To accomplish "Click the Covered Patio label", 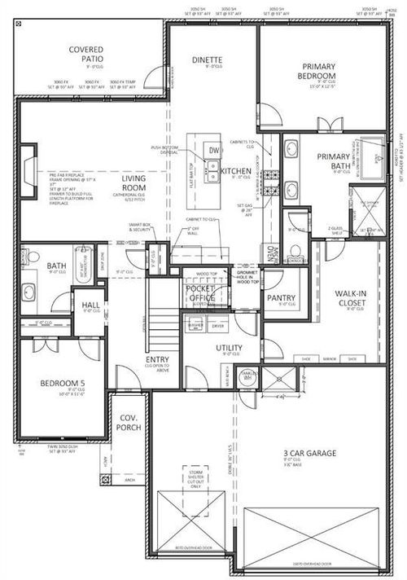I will coord(85,55).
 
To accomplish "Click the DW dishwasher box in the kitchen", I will coord(213,151).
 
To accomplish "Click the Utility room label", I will coord(229,348).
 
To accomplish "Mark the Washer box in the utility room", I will coord(195,325).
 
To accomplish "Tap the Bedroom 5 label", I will coord(63,384).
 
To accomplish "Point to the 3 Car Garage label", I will coord(304,453).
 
